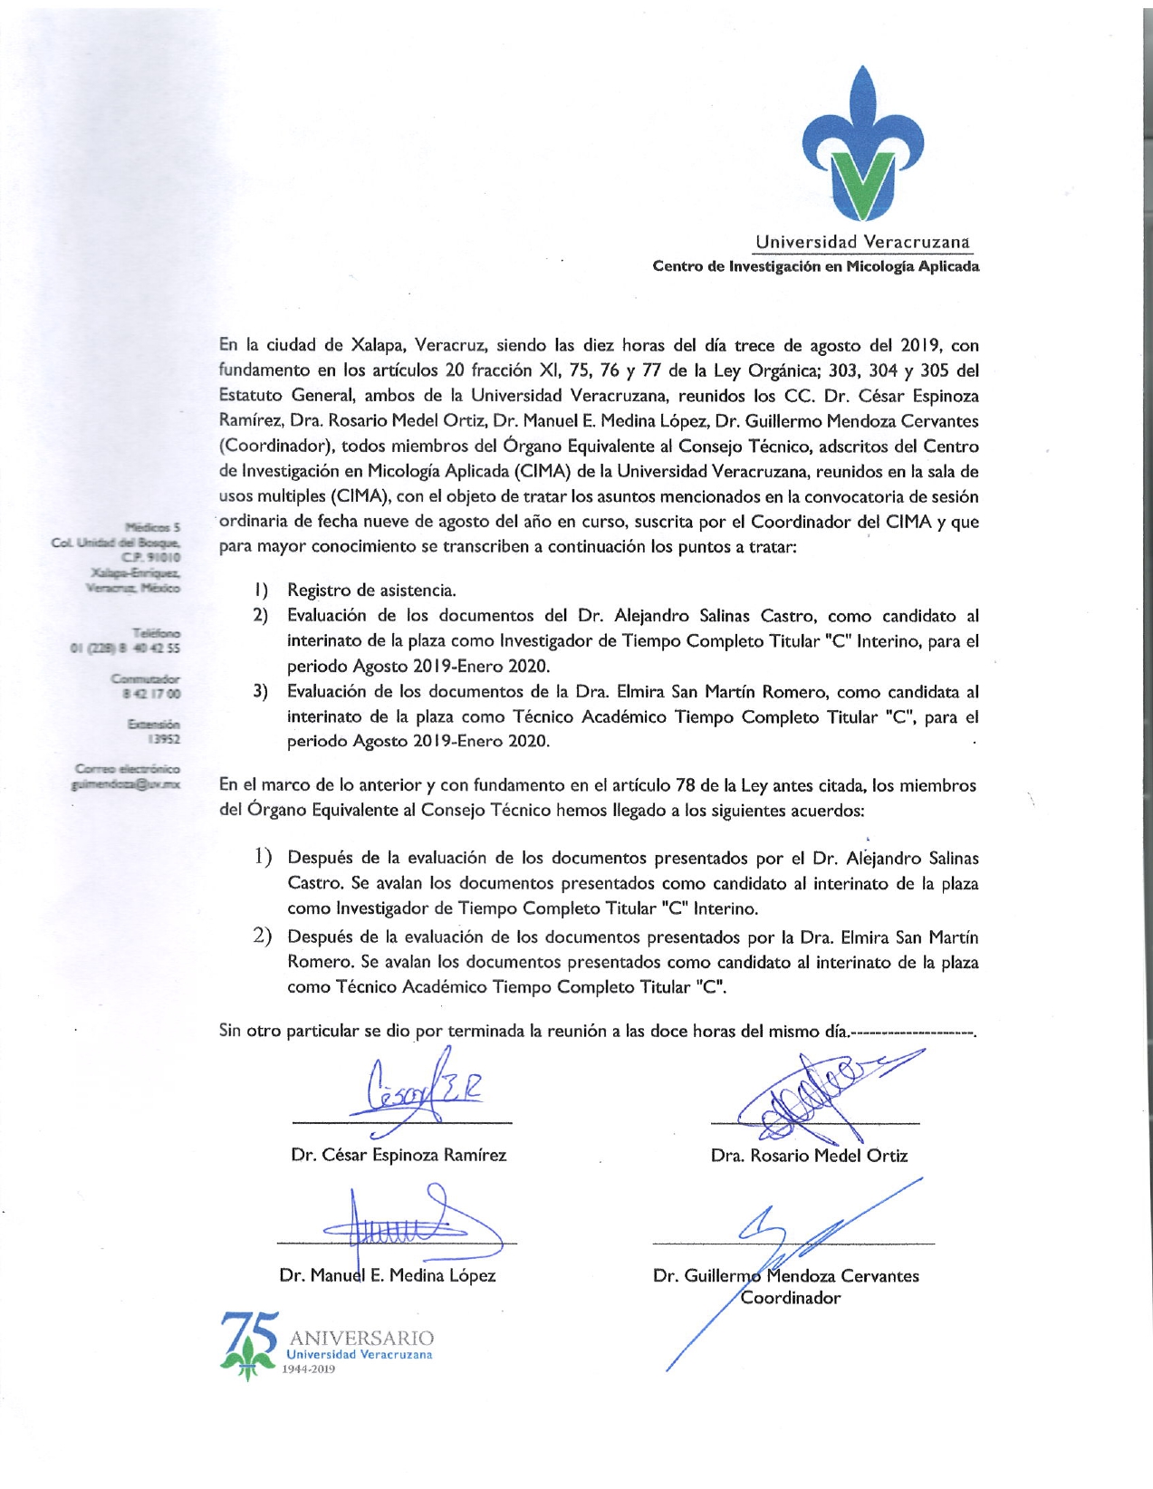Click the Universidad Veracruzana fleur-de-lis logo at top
tap(864, 145)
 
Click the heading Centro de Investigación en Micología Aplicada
tap(815, 266)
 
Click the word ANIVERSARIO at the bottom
tap(361, 1338)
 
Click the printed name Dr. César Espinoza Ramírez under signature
tap(399, 1155)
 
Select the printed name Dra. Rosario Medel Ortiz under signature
tap(809, 1155)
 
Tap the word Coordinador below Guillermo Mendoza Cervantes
tap(791, 1297)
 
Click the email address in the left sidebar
tap(126, 784)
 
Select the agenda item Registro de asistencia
tap(371, 591)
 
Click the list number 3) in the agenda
tap(261, 692)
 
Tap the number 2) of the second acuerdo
tap(263, 936)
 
